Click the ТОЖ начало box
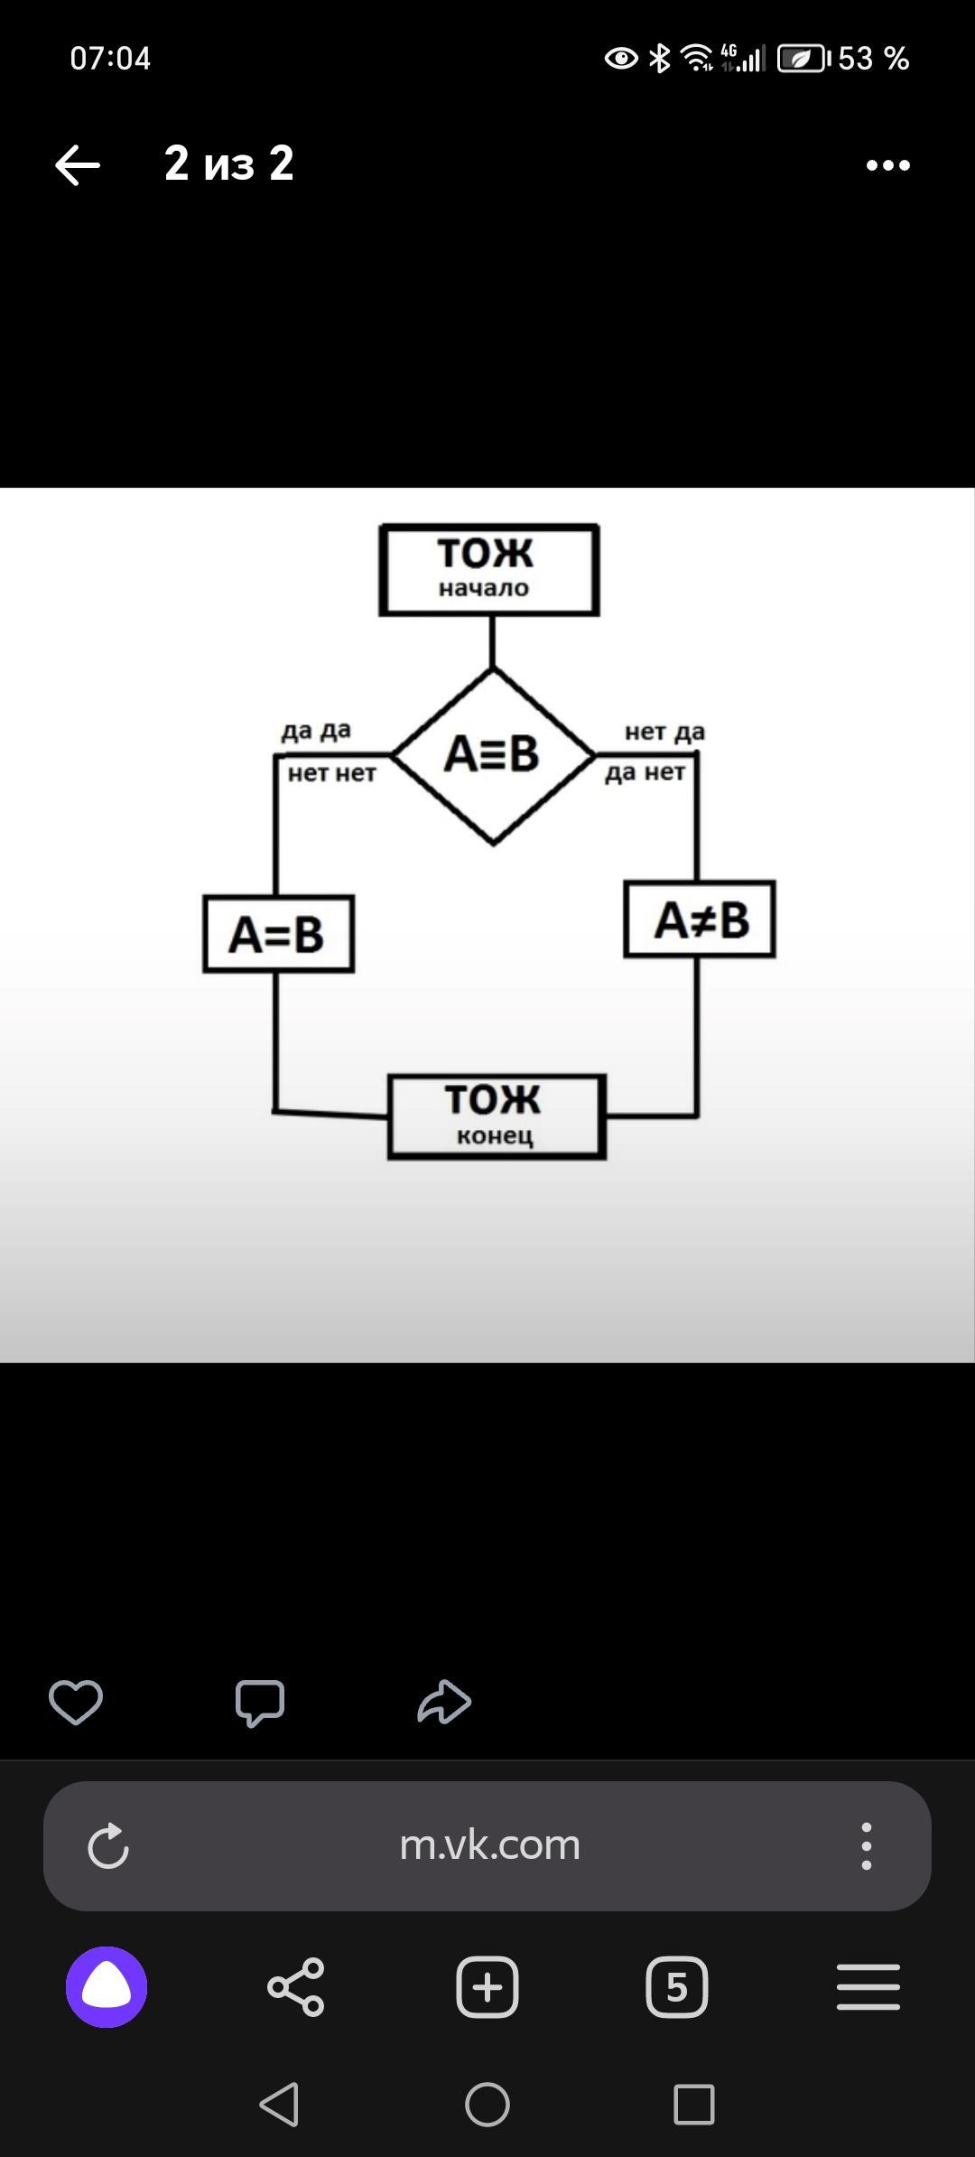(x=488, y=569)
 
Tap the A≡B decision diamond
(x=492, y=754)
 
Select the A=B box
(x=278, y=934)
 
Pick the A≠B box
(x=700, y=920)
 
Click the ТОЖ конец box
(x=497, y=1116)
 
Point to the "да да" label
(x=316, y=730)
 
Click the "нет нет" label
(x=331, y=773)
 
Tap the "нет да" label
(x=664, y=732)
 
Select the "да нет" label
(x=645, y=773)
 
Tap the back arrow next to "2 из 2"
(x=78, y=165)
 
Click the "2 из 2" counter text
(x=229, y=163)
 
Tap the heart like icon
(x=76, y=1702)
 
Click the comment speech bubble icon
(x=260, y=1703)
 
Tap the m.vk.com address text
(x=489, y=1844)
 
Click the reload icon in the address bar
(x=108, y=1845)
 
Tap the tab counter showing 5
(x=677, y=1987)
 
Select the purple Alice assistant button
(x=107, y=1987)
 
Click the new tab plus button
(x=487, y=1987)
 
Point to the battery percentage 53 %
(x=873, y=59)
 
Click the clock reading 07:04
(x=110, y=59)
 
